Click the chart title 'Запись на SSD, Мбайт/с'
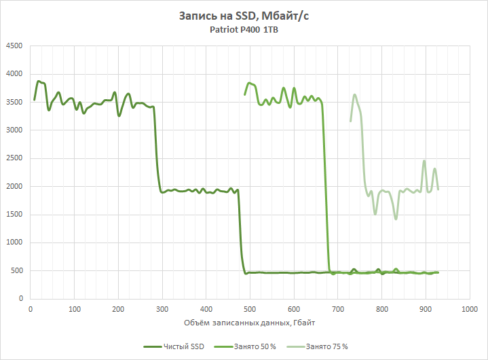pyautogui.click(x=244, y=16)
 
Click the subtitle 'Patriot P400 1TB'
pyautogui.click(x=244, y=30)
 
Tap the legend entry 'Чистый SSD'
pyautogui.click(x=181, y=346)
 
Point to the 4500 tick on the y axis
pyautogui.click(x=14, y=46)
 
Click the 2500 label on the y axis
pyautogui.click(x=14, y=158)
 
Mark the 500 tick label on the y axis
pyautogui.click(x=16, y=271)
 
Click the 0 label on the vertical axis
pyautogui.click(x=20, y=299)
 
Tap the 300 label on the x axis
pyautogui.click(x=162, y=309)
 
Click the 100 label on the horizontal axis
pyautogui.click(x=75, y=309)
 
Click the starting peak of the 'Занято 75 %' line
pyautogui.click(x=354, y=95)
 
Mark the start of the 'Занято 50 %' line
pyautogui.click(x=245, y=94)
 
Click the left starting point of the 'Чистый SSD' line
pyautogui.click(x=35, y=100)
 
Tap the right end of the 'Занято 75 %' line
pyautogui.click(x=438, y=189)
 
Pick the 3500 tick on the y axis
pyautogui.click(x=14, y=102)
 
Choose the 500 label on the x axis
pyautogui.click(x=250, y=309)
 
